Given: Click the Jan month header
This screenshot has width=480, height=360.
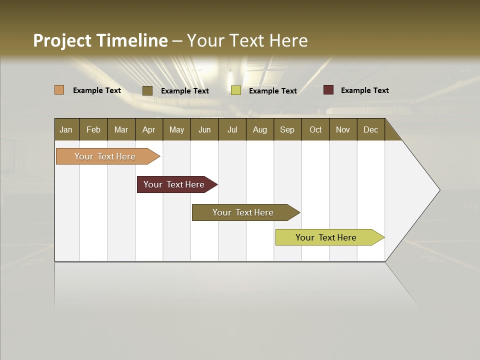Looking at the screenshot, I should [x=66, y=129].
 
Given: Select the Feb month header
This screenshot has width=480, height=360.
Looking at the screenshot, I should [x=93, y=129].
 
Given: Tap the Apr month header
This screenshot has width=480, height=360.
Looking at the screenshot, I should [x=148, y=129].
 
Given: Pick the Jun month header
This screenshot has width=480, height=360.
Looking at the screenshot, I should [x=204, y=129].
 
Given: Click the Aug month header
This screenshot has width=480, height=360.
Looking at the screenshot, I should [x=259, y=129].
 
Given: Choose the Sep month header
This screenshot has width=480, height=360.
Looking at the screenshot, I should [x=287, y=129].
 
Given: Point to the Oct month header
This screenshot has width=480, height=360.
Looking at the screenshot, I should [x=315, y=129].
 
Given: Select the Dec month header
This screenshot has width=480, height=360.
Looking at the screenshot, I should [x=370, y=129].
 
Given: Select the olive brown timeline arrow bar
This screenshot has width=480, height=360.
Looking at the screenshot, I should [x=243, y=212].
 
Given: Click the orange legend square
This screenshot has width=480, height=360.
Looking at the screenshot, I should [x=59, y=90].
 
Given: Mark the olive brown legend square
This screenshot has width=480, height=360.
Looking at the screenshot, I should [x=147, y=90].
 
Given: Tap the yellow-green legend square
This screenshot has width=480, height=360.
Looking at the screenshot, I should [x=236, y=90].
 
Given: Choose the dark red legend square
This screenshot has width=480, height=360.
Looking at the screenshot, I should [x=328, y=90].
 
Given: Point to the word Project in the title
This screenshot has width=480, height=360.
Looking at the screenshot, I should [x=62, y=40].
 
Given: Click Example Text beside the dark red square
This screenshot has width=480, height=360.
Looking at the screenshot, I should [x=364, y=90].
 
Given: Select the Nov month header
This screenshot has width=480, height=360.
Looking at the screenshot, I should [x=343, y=129].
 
